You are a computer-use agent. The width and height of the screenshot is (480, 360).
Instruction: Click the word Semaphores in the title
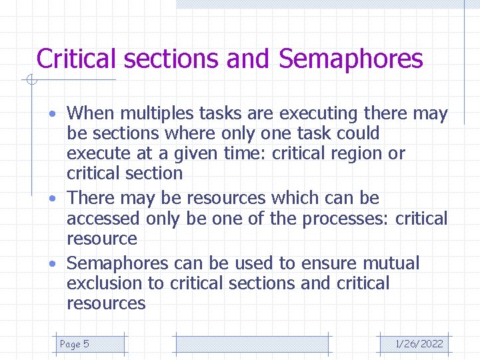click(x=351, y=59)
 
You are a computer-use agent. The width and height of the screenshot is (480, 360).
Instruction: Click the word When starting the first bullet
click(x=90, y=114)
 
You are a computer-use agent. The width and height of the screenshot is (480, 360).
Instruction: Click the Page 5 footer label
click(x=74, y=344)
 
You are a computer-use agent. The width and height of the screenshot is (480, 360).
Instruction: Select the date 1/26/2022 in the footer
click(x=419, y=344)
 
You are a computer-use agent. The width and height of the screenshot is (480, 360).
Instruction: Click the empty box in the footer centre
click(x=252, y=344)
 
